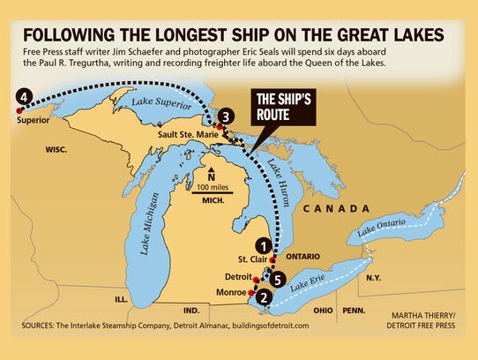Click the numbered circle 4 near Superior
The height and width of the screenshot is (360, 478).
click(x=24, y=95)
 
